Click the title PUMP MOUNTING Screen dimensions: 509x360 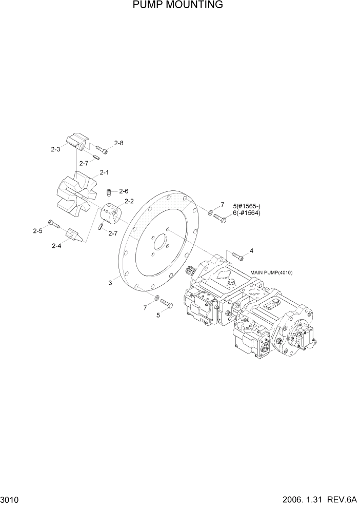(x=177, y=5)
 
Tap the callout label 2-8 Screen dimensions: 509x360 (x=118, y=143)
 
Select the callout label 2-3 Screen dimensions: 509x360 (x=55, y=150)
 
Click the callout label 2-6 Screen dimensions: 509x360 (x=125, y=191)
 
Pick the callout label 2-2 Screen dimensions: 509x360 (x=129, y=201)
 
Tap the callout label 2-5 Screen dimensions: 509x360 (x=37, y=231)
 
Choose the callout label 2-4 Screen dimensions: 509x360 (x=56, y=246)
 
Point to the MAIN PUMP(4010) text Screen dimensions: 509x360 (x=271, y=272)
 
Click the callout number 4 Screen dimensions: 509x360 (x=251, y=251)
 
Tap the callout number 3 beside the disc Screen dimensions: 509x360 (x=110, y=282)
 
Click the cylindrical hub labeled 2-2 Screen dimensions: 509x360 (x=110, y=212)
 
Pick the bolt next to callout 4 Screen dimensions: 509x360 (x=236, y=255)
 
